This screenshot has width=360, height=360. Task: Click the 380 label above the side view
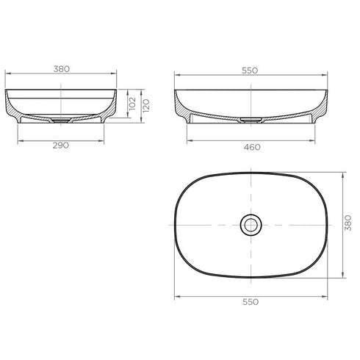(61, 68)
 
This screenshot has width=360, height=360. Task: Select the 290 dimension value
(61, 146)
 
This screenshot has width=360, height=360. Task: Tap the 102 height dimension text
(133, 103)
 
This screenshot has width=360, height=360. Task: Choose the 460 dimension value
(251, 147)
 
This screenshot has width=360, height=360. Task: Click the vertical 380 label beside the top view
(348, 225)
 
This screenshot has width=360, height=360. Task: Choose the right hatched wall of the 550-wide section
(320, 109)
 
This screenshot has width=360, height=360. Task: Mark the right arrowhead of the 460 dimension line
(314, 139)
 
